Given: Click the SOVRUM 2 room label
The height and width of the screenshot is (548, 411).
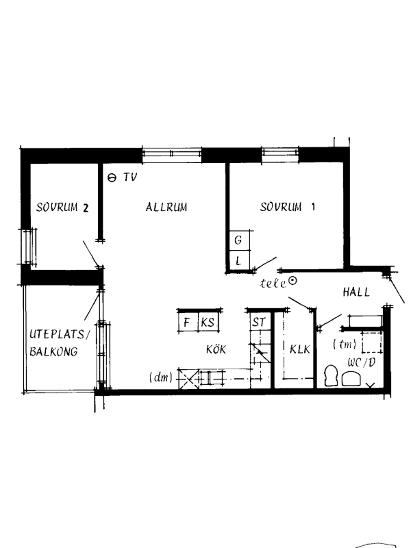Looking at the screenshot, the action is pos(62,208).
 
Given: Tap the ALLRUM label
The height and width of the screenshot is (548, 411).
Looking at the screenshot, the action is pos(166,207).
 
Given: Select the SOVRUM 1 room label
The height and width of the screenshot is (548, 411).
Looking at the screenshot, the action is pos(287,207).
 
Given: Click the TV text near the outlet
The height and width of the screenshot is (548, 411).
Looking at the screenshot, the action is pos(130,177).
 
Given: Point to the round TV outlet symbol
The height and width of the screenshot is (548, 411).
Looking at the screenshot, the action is pos(112,178).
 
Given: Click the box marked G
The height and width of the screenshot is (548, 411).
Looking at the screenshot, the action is pos(239,240).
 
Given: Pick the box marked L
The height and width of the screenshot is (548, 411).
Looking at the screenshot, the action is pos(239,260).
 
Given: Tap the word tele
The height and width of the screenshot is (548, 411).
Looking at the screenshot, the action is pos(273,284).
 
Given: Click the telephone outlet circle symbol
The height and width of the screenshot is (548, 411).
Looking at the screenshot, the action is pos(293,281).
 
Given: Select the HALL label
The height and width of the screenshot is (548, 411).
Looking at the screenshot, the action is pos(356,292).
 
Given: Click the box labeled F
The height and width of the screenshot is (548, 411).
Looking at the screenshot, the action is pos(188,322).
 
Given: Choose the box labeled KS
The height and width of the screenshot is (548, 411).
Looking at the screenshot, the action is pos(208,322).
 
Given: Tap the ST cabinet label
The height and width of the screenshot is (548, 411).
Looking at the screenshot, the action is pos(259,322).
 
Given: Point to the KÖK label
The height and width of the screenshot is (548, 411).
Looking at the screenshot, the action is pos(216,349).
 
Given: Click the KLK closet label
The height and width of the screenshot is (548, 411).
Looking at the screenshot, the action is pos(300,349).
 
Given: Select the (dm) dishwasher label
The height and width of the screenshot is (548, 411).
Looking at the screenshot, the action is pos(161,377).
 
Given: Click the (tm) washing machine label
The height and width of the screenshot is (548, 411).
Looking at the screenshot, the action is pos(344,345).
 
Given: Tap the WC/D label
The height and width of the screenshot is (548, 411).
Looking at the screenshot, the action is pos(362,363).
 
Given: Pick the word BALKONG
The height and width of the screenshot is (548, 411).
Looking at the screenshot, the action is pos(54,352).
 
